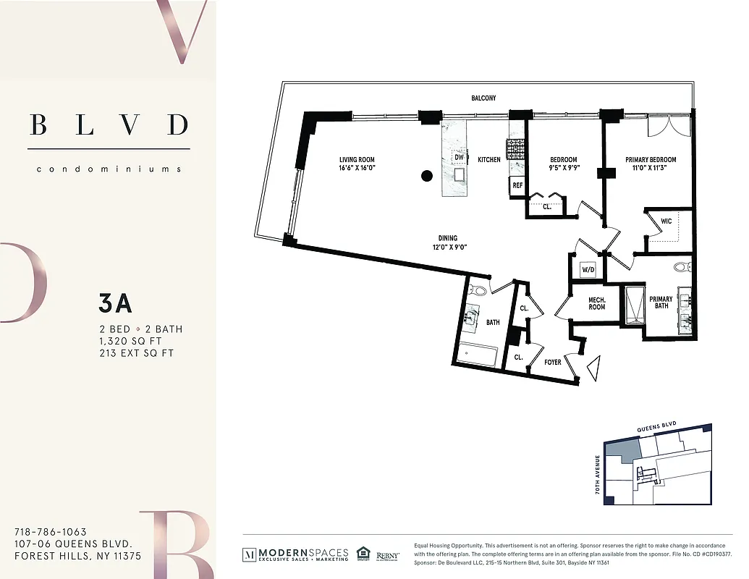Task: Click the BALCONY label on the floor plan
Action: pyautogui.click(x=483, y=98)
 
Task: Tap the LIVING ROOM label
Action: pyautogui.click(x=357, y=160)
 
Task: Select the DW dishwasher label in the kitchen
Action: pyautogui.click(x=458, y=157)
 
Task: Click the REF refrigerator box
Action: pyautogui.click(x=517, y=185)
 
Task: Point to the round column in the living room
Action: pyautogui.click(x=427, y=175)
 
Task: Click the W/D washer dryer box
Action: pyautogui.click(x=588, y=270)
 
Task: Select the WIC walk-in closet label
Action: pyautogui.click(x=667, y=221)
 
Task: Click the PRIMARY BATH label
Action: pyautogui.click(x=660, y=303)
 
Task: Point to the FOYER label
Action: pyautogui.click(x=553, y=362)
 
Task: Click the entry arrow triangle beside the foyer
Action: pyautogui.click(x=593, y=367)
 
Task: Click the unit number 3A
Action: pyautogui.click(x=115, y=304)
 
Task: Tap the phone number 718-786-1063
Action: pyautogui.click(x=50, y=532)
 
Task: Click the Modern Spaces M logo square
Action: pyautogui.click(x=249, y=554)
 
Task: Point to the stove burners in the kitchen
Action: pyautogui.click(x=516, y=149)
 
